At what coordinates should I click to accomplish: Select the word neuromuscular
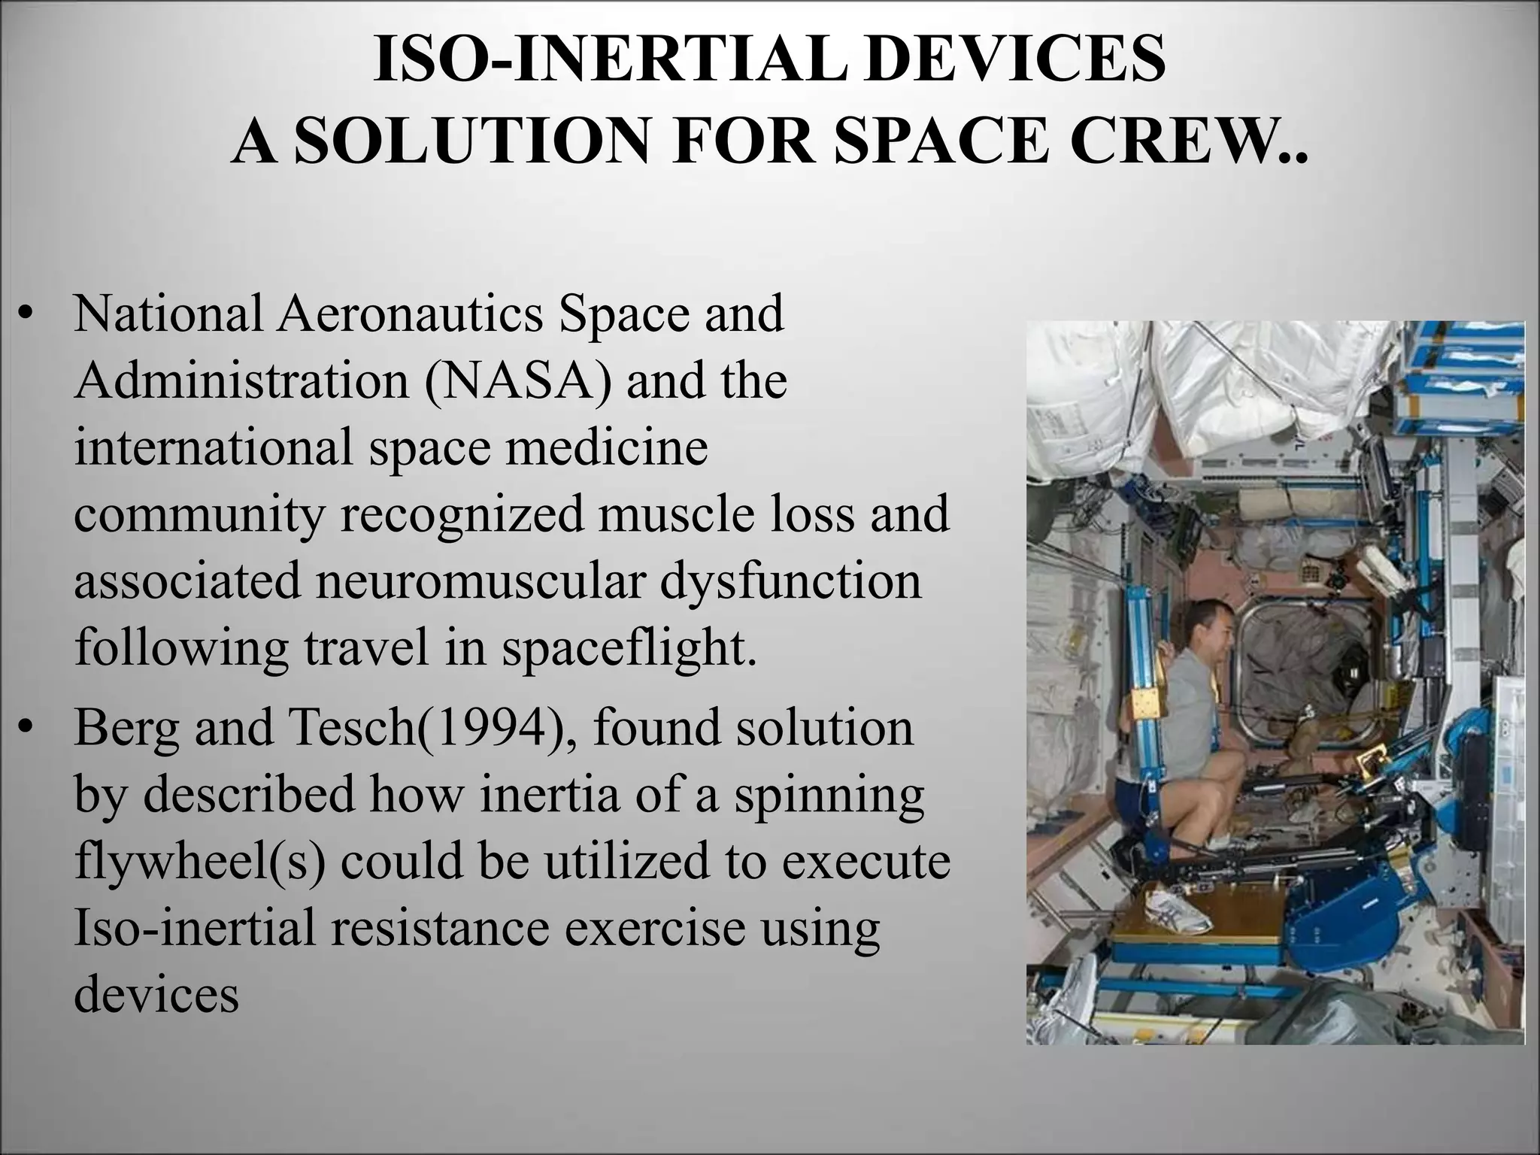click(x=481, y=581)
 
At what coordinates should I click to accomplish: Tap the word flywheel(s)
click(x=200, y=862)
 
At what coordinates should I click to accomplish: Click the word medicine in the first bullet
click(x=606, y=447)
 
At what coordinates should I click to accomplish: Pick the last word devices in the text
click(x=156, y=994)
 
